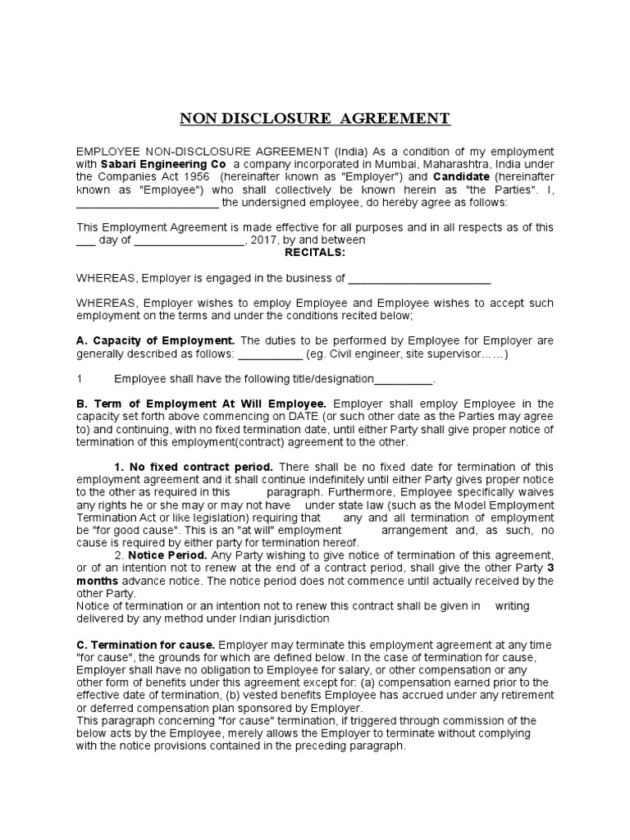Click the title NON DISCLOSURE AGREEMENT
(x=315, y=119)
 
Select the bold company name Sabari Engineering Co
(x=152, y=165)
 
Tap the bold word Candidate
(x=461, y=177)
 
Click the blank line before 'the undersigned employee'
(x=148, y=203)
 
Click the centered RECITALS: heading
(x=315, y=253)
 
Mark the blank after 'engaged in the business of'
(x=419, y=279)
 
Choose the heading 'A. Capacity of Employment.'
(x=156, y=340)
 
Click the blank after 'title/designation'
(x=403, y=379)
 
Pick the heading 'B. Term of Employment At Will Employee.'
(x=202, y=404)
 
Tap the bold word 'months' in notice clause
(x=98, y=581)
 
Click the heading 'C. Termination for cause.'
(x=146, y=644)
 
